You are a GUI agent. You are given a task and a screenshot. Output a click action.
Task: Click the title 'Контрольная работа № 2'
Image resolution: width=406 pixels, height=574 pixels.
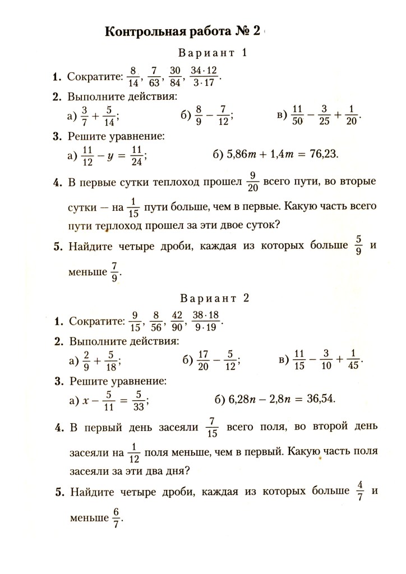(x=183, y=31)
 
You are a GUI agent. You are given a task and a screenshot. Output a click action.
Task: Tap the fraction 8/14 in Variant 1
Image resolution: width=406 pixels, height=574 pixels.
(x=133, y=77)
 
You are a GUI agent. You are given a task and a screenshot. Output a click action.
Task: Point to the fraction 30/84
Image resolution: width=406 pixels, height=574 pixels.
(x=176, y=77)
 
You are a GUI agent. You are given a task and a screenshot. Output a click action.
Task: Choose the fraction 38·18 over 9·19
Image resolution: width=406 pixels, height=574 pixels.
(x=206, y=322)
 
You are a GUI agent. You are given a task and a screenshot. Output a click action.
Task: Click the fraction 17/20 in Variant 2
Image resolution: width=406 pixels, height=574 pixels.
(x=204, y=360)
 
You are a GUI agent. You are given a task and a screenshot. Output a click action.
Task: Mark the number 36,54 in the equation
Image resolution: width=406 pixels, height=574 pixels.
(x=321, y=399)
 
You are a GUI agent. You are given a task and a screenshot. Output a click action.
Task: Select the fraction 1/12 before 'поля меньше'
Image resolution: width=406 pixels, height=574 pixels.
(x=132, y=452)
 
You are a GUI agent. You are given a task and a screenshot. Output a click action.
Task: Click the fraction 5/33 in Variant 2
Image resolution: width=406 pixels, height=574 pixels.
(x=139, y=399)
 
